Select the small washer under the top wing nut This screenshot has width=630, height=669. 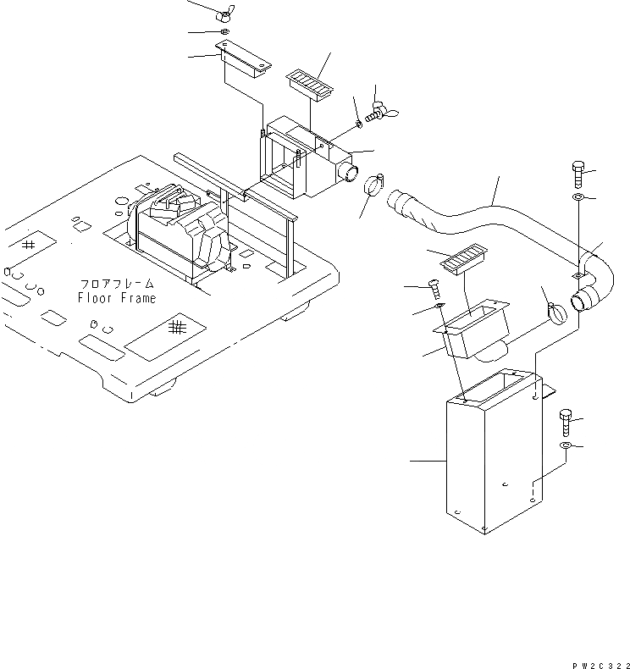[224, 33]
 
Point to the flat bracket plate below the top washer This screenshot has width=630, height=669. [246, 62]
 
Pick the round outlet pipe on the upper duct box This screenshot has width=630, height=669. [347, 173]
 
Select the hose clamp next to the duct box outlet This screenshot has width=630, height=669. [373, 185]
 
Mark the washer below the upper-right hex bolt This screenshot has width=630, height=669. [578, 198]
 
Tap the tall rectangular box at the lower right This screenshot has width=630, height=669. [487, 457]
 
